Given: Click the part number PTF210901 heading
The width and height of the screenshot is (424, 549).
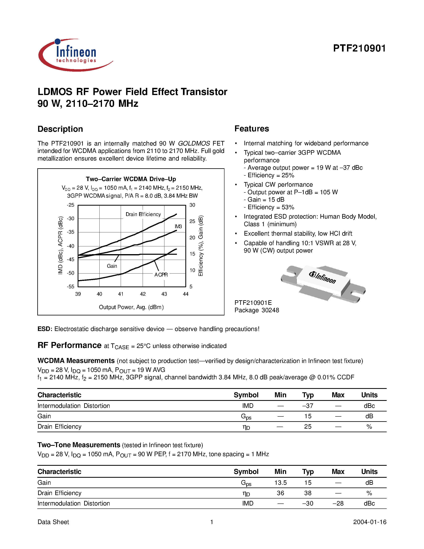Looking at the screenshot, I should [x=359, y=48].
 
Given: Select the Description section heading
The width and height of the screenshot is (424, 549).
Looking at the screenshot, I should [x=60, y=129].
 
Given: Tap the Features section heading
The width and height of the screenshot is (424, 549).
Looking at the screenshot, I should [x=252, y=129].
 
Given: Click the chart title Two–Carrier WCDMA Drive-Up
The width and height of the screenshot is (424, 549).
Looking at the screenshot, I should [x=131, y=179].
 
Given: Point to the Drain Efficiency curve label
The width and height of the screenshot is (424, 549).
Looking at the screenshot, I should [x=143, y=214].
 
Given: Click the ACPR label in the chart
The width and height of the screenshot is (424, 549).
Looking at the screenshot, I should [x=161, y=275].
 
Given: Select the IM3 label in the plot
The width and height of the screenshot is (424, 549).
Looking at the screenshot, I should [x=178, y=227].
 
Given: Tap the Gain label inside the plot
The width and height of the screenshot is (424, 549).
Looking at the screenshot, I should [x=112, y=266].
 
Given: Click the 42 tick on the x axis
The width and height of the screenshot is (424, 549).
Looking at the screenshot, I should [x=143, y=294].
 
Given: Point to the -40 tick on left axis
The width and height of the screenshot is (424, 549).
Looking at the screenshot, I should [x=71, y=246].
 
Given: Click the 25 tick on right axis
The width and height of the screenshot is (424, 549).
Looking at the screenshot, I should [x=192, y=221].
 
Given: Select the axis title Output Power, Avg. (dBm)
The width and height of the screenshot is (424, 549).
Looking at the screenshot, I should [x=131, y=307].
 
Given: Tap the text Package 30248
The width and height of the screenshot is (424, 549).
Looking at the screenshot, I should [x=257, y=310].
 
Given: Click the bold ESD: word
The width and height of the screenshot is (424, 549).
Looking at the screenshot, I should [x=45, y=329].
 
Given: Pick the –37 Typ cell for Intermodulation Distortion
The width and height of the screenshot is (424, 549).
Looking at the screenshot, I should [x=308, y=406].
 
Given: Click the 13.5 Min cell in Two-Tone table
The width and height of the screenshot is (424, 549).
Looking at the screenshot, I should [x=280, y=483].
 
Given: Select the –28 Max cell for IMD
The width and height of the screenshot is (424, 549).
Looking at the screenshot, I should [x=338, y=503].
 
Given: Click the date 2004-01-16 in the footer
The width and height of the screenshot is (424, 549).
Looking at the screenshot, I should [x=370, y=522].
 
